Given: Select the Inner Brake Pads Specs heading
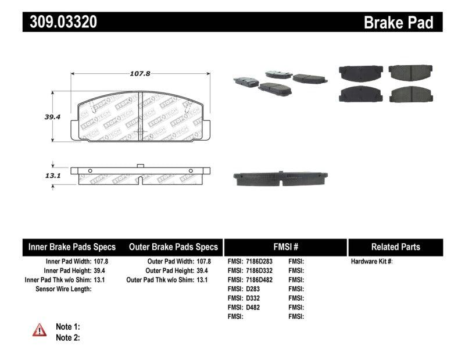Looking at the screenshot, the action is click(72, 247).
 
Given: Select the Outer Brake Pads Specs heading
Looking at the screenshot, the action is click(173, 247).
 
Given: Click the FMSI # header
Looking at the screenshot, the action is click(285, 247).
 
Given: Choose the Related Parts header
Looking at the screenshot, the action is click(395, 247).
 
